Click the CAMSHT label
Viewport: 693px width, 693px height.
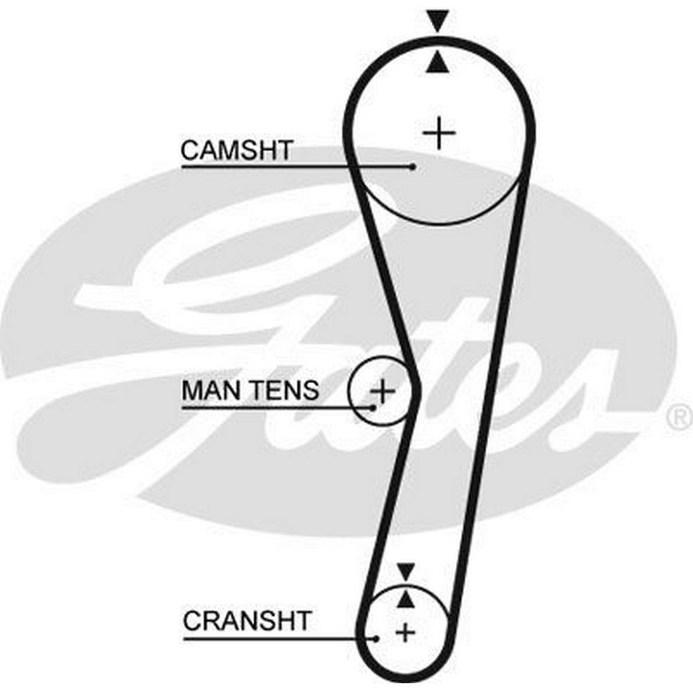tap(237, 150)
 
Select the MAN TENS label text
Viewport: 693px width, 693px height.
tap(250, 390)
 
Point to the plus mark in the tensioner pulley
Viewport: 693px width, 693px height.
tap(382, 392)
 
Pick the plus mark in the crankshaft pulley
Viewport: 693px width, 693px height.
tap(405, 631)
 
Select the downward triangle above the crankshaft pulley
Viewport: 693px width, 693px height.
tap(405, 572)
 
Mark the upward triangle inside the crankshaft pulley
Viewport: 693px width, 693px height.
tap(405, 598)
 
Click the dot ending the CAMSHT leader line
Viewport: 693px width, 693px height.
tap(413, 166)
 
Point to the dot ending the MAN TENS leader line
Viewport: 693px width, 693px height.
tap(373, 407)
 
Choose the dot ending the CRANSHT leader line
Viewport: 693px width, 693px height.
tap(376, 638)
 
